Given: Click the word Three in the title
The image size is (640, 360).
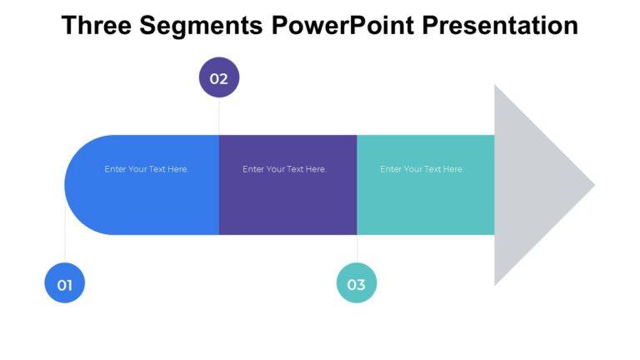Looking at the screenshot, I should coord(97,26).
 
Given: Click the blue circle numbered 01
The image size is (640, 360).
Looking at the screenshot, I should coord(65,283).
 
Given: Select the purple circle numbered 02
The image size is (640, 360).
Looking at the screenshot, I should coord(219,77).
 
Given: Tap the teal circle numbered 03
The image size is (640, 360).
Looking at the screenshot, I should coord(357,283).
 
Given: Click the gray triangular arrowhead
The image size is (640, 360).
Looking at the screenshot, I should coord(533,185).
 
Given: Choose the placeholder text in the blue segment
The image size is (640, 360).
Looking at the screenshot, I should coord(147,169).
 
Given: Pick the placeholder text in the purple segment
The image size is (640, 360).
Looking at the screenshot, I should coord(284,169).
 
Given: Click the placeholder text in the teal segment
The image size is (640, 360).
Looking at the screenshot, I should coord(422,169).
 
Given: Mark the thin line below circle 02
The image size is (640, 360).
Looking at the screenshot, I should coord(219,117).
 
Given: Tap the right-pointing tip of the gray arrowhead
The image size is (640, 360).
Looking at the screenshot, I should coord(592,185).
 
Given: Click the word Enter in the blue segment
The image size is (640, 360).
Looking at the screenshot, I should coord(115,169).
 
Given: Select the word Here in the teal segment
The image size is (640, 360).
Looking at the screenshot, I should coord(452,169).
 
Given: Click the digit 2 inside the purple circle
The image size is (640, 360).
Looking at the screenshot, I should coord(223,78).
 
